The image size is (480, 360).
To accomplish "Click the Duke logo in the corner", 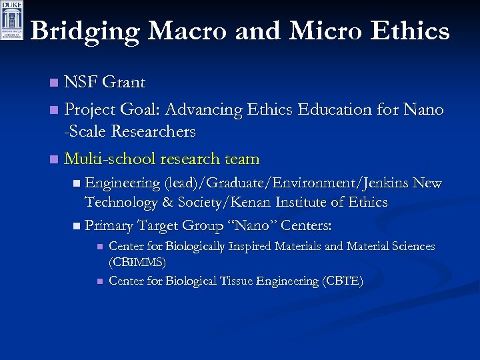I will click(x=11, y=21).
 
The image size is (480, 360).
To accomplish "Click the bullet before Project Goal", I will click(x=54, y=109).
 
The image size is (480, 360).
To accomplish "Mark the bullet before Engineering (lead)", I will click(x=78, y=183).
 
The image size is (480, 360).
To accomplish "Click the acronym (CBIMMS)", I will click(x=137, y=263).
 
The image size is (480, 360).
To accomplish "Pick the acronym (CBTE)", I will click(x=342, y=281).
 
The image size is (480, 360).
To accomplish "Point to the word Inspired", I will click(x=252, y=247).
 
